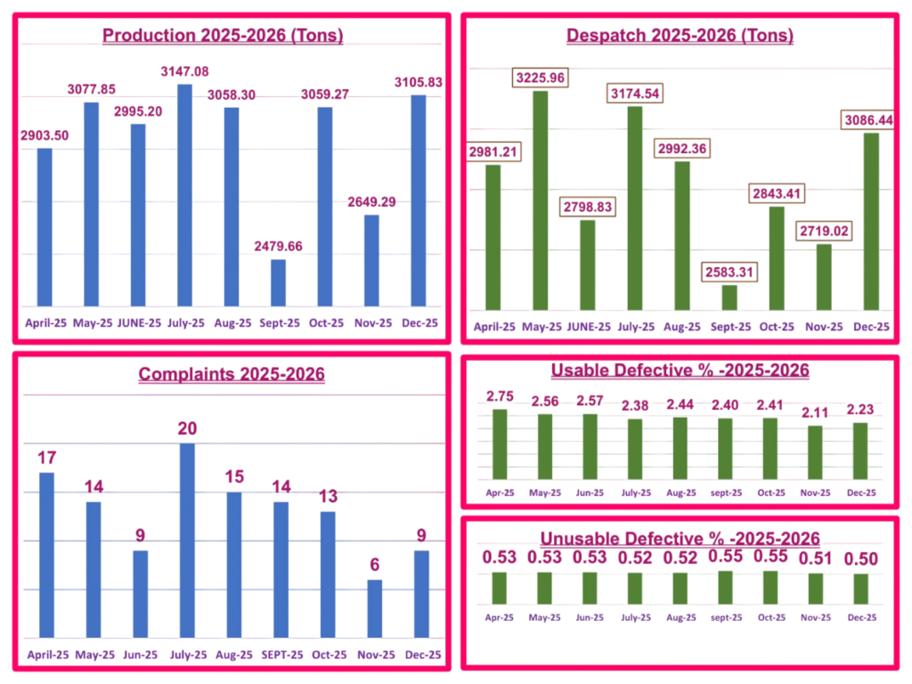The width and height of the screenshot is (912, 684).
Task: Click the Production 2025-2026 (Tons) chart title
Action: click(223, 36)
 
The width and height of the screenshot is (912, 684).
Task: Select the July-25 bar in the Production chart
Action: click(184, 196)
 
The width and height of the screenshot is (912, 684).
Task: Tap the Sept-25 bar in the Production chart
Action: click(278, 283)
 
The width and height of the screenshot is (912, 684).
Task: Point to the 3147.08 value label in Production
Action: click(184, 71)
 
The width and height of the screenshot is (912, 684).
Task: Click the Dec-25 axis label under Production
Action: click(420, 322)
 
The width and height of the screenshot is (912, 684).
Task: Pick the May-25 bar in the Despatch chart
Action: click(541, 199)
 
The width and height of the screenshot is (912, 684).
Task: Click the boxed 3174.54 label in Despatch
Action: click(635, 93)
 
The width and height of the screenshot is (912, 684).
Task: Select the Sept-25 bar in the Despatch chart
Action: click(729, 297)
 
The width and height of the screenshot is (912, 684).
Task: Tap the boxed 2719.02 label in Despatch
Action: click(824, 231)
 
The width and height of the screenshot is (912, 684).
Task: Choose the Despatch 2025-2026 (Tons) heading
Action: click(680, 36)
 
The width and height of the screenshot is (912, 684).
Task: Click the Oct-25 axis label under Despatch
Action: click(777, 327)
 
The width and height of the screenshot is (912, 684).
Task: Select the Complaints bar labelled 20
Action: click(187, 540)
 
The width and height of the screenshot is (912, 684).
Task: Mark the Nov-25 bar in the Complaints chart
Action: click(374, 608)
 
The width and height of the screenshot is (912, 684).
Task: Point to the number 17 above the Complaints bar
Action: click(47, 458)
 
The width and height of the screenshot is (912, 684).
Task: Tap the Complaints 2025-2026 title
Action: click(232, 374)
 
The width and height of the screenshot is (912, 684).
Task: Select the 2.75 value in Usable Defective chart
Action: click(500, 396)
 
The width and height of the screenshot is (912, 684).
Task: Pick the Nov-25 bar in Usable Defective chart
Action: click(814, 452)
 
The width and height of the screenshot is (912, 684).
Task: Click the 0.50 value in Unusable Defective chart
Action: click(860, 558)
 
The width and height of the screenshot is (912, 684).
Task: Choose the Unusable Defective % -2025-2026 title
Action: click(680, 538)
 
